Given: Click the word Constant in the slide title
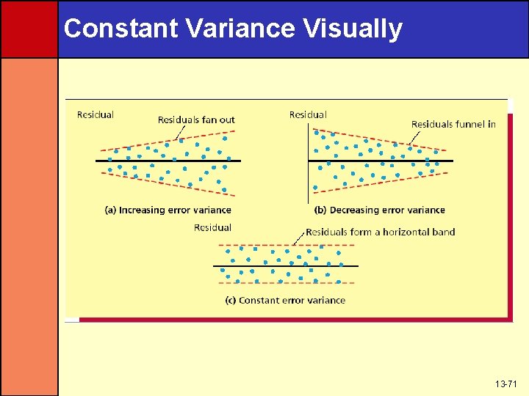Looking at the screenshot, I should (120, 29).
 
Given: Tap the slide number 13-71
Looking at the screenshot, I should (505, 384).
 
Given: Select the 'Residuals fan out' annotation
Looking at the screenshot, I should (196, 120).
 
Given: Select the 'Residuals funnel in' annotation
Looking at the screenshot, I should (453, 124).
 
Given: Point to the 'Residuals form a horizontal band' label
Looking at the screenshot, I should (380, 232).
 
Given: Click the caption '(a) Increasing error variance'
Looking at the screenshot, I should (168, 210).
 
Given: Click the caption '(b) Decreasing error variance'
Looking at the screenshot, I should (380, 210).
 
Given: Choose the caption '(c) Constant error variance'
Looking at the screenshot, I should (285, 300).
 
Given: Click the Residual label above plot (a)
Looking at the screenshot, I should (96, 114).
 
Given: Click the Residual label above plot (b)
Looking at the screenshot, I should (308, 114).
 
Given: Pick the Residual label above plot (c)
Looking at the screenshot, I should (212, 227).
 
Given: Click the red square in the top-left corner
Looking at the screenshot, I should (29, 29).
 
